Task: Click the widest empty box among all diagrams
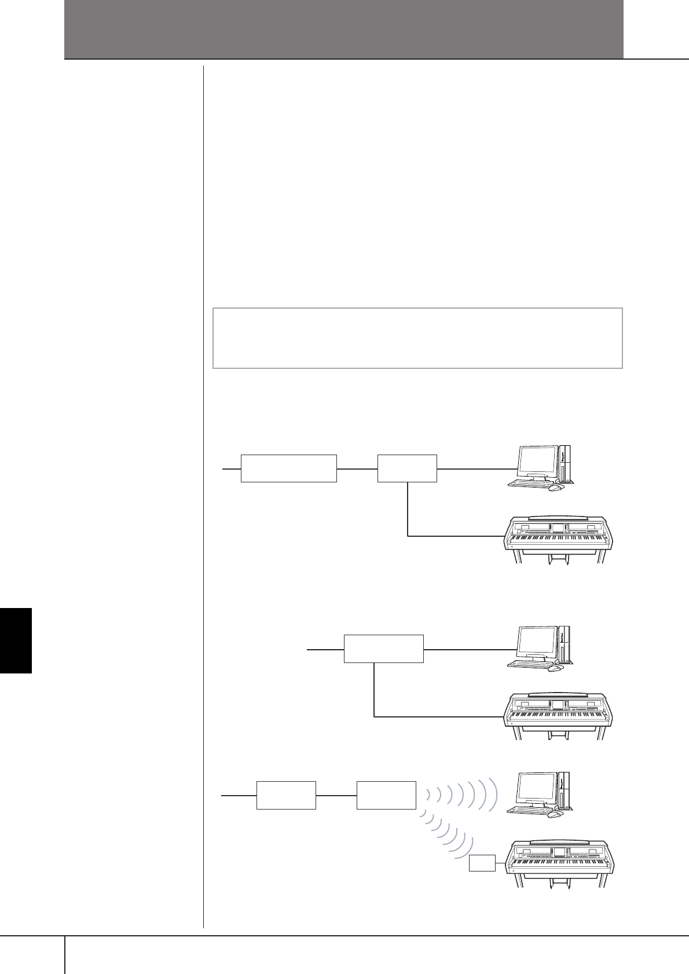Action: pos(288,468)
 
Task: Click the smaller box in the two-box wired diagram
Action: pos(407,468)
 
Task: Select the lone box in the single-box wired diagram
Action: pos(383,649)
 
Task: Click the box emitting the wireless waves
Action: pos(386,795)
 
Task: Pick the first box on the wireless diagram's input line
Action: pos(286,795)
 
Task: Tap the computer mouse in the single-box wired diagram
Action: pos(555,668)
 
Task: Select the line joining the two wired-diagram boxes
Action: pos(357,468)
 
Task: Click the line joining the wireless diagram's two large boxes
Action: pos(336,796)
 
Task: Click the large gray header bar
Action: pos(344,29)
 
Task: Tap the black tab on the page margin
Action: pos(16,639)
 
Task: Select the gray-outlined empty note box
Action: pos(417,338)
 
